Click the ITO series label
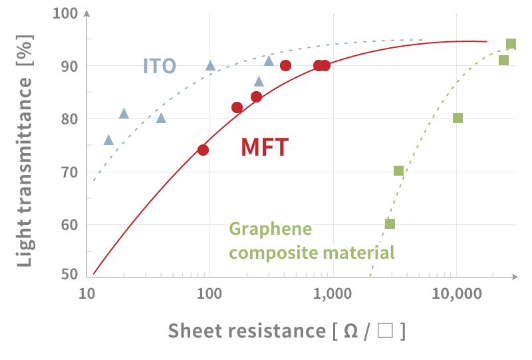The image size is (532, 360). click(x=160, y=66)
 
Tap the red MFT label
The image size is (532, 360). click(x=264, y=147)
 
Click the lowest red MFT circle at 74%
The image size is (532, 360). click(x=203, y=150)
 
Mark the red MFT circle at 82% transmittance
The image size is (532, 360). click(x=237, y=108)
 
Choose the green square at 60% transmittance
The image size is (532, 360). click(x=390, y=224)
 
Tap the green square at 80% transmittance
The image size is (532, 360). click(x=458, y=118)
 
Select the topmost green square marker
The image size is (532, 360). click(x=511, y=44)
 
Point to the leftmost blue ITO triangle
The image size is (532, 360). click(x=108, y=140)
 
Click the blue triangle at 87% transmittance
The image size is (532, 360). click(x=259, y=82)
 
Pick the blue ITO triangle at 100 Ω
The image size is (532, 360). click(x=210, y=65)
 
